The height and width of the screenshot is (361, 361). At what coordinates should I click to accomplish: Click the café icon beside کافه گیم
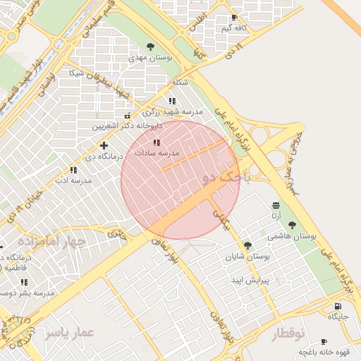(x=234, y=18)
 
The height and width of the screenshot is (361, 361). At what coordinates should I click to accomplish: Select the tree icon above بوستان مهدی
(x=150, y=47)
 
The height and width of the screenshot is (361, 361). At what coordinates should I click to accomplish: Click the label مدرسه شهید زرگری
(x=172, y=112)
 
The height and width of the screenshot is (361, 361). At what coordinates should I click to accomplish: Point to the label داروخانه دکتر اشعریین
(x=127, y=126)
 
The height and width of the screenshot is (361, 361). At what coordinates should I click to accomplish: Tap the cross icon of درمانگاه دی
(x=104, y=145)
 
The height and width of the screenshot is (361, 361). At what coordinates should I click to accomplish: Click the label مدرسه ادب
(x=74, y=180)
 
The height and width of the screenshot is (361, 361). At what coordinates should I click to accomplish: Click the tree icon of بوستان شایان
(x=247, y=245)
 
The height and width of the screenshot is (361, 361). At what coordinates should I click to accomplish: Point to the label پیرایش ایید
(x=250, y=280)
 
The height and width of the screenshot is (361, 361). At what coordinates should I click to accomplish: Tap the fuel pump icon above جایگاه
(x=338, y=306)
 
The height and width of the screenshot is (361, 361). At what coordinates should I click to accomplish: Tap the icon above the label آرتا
(x=275, y=205)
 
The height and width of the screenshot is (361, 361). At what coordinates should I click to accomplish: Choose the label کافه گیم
(x=235, y=28)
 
